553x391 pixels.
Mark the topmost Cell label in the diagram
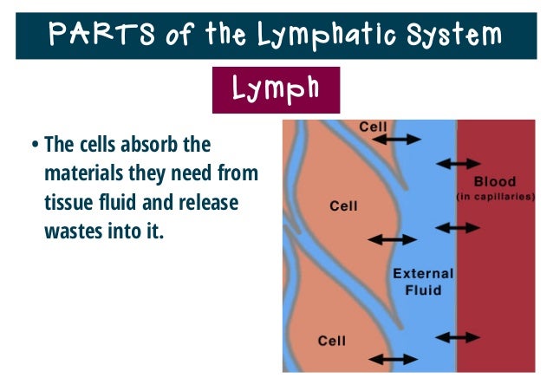374,127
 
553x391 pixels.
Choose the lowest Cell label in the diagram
333,340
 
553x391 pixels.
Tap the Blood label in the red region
495,182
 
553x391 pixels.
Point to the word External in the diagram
423,274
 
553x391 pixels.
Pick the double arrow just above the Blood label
458,162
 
